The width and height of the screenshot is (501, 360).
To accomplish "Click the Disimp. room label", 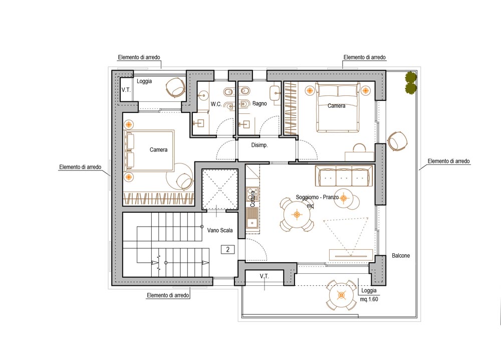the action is point(260,145).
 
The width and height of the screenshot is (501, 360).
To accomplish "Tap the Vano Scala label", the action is point(220,230).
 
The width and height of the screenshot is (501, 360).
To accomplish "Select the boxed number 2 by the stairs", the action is point(228,249).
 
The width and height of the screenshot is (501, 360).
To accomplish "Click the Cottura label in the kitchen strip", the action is point(253,199).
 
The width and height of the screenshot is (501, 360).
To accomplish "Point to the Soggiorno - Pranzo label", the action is point(317,197).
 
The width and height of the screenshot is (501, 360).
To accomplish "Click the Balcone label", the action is point(401,255).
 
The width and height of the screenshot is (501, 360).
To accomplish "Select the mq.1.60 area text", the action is point(369,299).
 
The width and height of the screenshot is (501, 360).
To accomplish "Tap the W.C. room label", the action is point(216,104).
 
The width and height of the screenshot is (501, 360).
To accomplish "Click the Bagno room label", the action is point(260,104).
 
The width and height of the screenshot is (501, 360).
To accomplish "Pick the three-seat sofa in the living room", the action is point(344,175).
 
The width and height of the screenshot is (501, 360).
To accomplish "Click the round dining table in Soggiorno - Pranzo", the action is point(297,215).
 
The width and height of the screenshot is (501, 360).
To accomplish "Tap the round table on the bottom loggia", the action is point(342,295).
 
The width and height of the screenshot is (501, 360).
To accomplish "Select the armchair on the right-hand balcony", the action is point(397,141).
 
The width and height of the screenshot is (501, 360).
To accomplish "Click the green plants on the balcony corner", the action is point(411,83).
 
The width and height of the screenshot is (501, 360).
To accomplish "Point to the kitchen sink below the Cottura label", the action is point(253,218).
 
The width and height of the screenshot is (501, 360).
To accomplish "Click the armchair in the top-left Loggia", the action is point(175,87).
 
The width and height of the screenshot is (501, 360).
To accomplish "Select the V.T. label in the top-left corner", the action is point(126,90).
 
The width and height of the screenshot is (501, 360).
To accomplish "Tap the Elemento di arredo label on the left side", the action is point(80,167).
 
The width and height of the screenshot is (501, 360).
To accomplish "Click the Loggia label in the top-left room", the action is point(144,81).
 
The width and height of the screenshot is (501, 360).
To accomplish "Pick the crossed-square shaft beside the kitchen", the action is point(220,190).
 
